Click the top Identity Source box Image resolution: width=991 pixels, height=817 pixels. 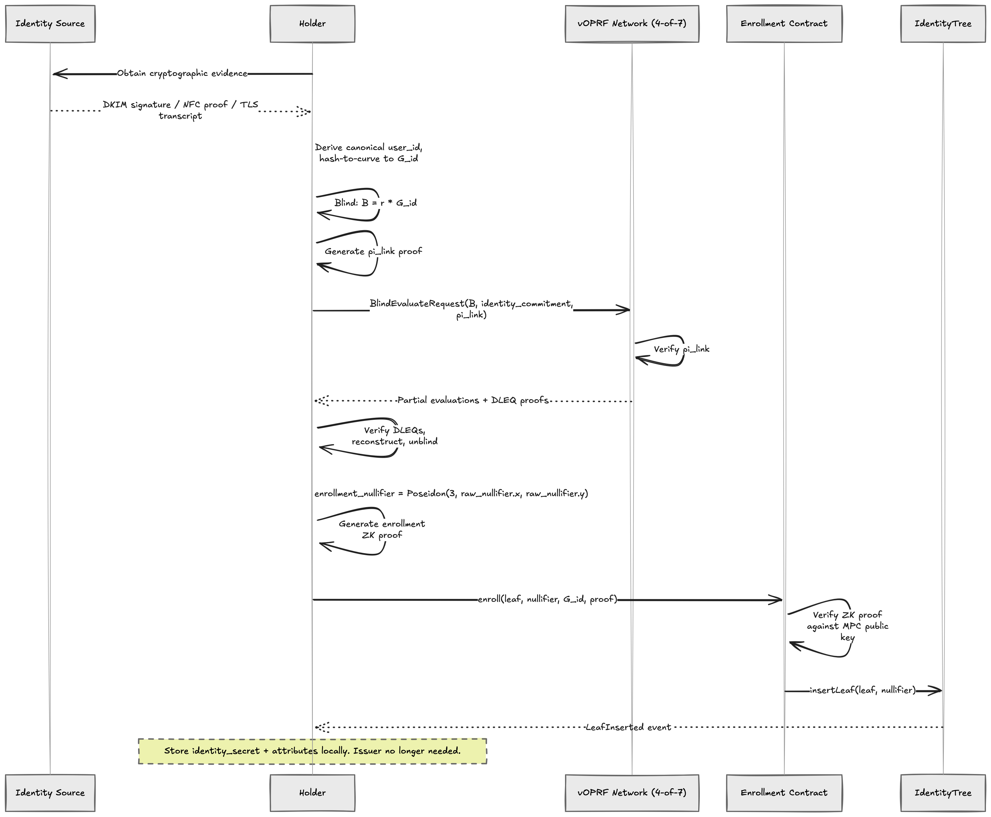[x=50, y=24]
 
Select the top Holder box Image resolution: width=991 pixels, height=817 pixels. [x=312, y=24]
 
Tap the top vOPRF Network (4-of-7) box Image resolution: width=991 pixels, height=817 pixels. [x=632, y=24]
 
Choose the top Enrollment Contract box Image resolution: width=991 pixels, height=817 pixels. [x=784, y=24]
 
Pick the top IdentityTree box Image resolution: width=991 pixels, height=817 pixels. [x=942, y=24]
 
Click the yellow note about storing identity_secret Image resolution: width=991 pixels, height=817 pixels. [x=312, y=751]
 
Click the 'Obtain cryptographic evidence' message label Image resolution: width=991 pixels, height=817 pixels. [x=182, y=73]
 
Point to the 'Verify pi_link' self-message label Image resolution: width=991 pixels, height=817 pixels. [x=681, y=349]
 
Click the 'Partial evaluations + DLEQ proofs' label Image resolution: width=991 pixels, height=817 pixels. [x=473, y=401]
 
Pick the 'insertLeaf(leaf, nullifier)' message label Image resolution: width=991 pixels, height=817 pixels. [x=863, y=690]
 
